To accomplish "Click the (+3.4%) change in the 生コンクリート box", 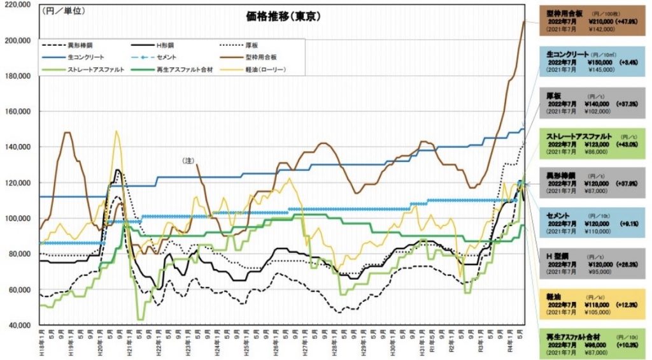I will (627, 64).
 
